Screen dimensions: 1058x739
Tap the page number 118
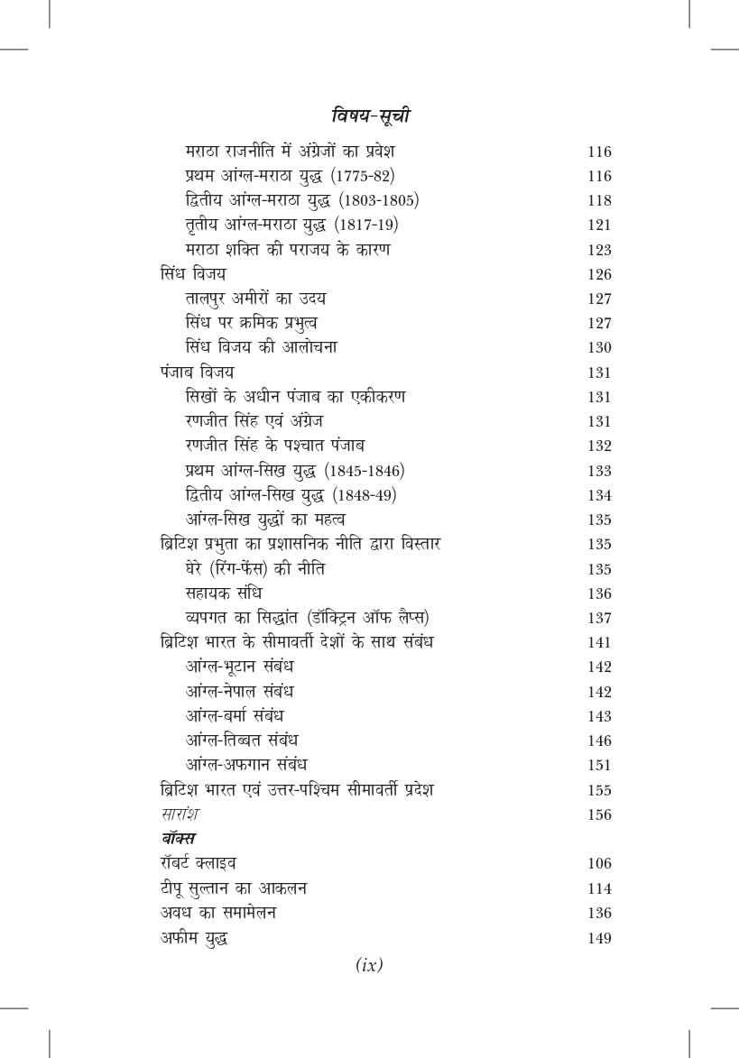click(598, 201)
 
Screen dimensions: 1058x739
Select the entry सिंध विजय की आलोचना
click(260, 347)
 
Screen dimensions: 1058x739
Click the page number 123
click(598, 250)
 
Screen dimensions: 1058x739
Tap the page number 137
click(598, 619)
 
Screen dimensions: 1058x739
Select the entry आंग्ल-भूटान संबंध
click(239, 667)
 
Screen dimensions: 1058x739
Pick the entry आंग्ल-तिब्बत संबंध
click(241, 741)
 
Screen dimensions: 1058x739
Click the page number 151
click(598, 766)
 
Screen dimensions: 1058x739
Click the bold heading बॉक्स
click(179, 839)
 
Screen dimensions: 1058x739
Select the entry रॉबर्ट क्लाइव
click(198, 864)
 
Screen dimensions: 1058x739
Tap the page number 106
click(598, 864)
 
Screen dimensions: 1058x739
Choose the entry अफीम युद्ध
click(192, 938)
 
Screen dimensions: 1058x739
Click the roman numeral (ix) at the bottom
click(369, 965)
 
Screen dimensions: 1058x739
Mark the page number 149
click(598, 938)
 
